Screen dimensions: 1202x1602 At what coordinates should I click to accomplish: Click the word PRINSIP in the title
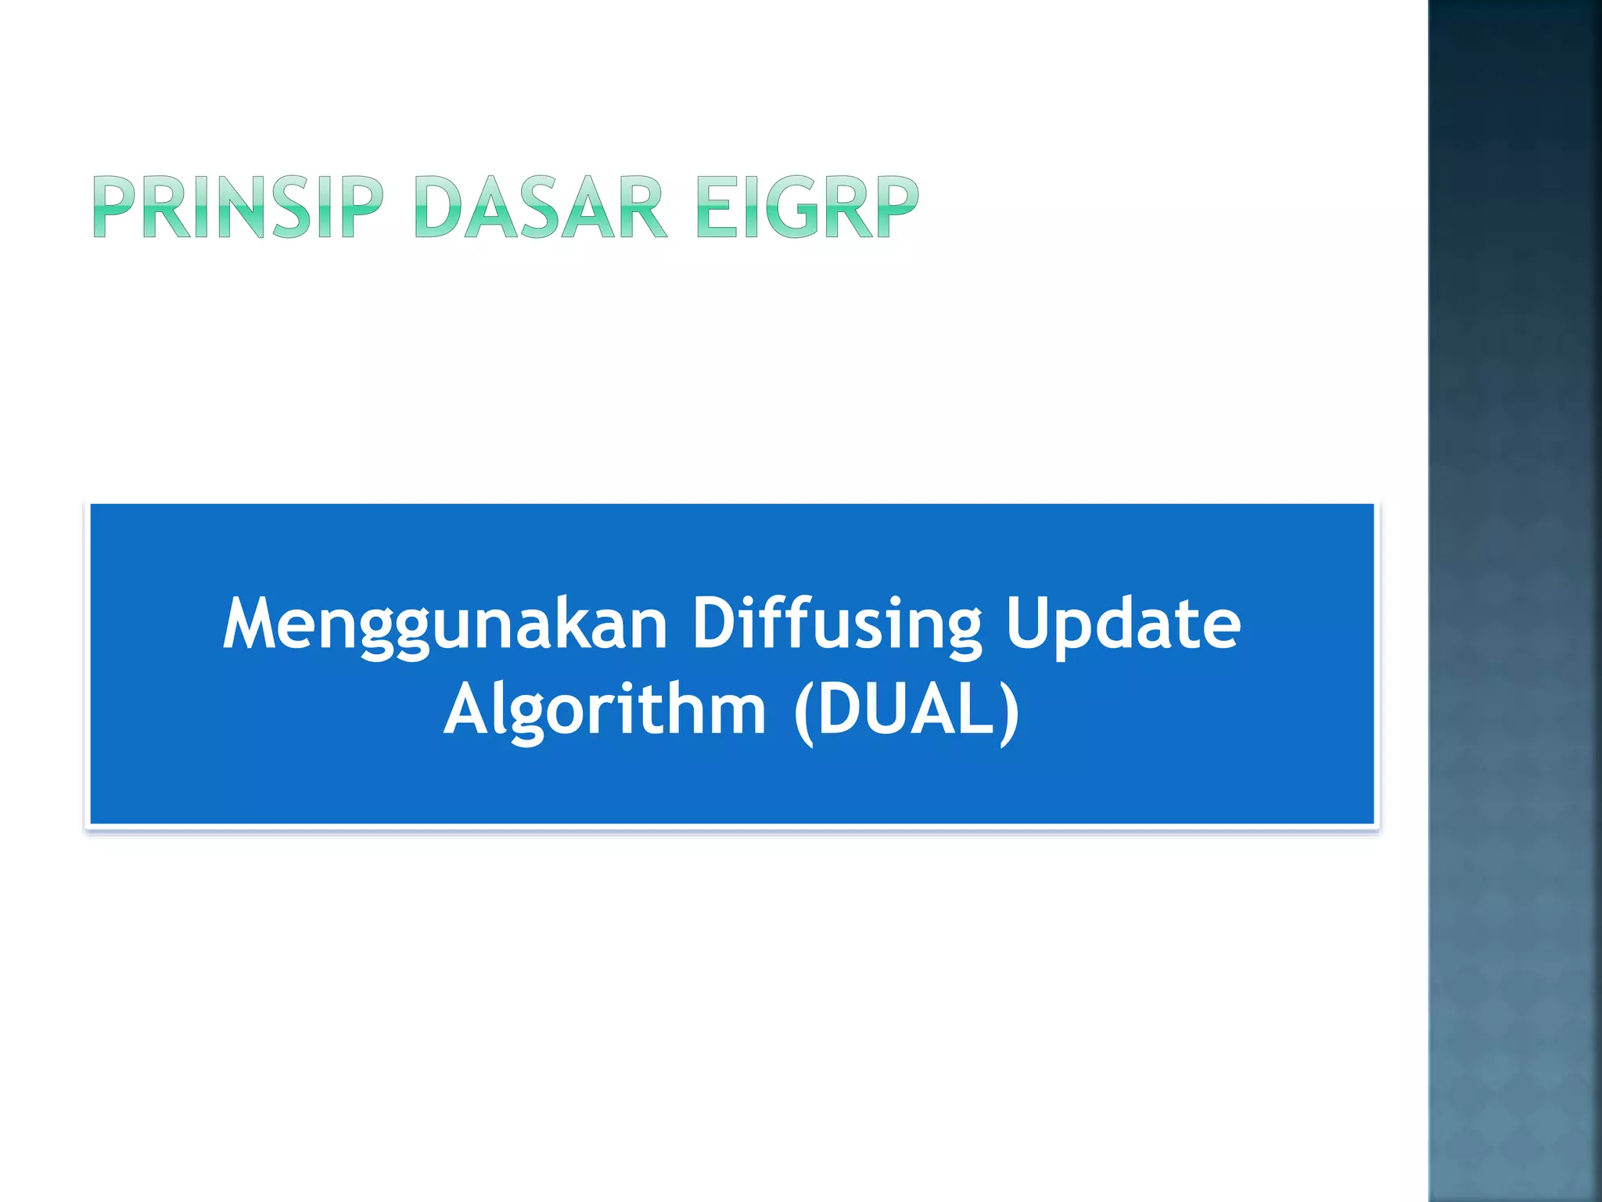(x=238, y=207)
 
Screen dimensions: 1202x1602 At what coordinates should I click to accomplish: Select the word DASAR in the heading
(x=540, y=207)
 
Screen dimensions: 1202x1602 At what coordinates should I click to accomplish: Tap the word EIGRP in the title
(x=806, y=207)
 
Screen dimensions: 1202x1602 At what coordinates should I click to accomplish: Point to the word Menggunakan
(x=444, y=624)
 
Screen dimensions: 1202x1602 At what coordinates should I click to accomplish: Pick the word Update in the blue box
(x=1123, y=624)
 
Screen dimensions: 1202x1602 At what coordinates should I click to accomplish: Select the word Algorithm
(x=605, y=711)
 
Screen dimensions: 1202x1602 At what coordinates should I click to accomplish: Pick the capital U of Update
(x=1028, y=624)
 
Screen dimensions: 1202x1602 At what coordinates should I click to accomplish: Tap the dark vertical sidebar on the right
(x=1514, y=601)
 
